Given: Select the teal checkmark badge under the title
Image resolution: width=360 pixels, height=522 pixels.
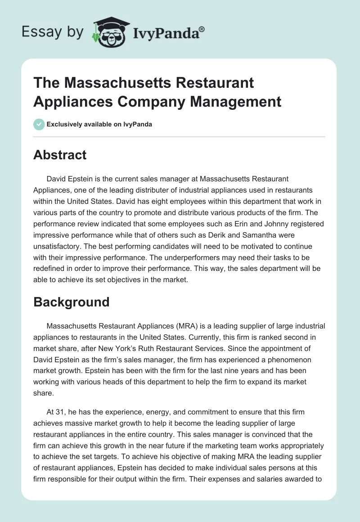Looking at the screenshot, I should tap(39, 124).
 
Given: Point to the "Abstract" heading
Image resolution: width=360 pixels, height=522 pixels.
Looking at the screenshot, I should tap(60, 155).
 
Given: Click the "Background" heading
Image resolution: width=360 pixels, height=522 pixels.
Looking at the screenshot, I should tap(72, 301).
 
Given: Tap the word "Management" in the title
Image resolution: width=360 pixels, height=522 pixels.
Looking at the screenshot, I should tap(236, 101).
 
